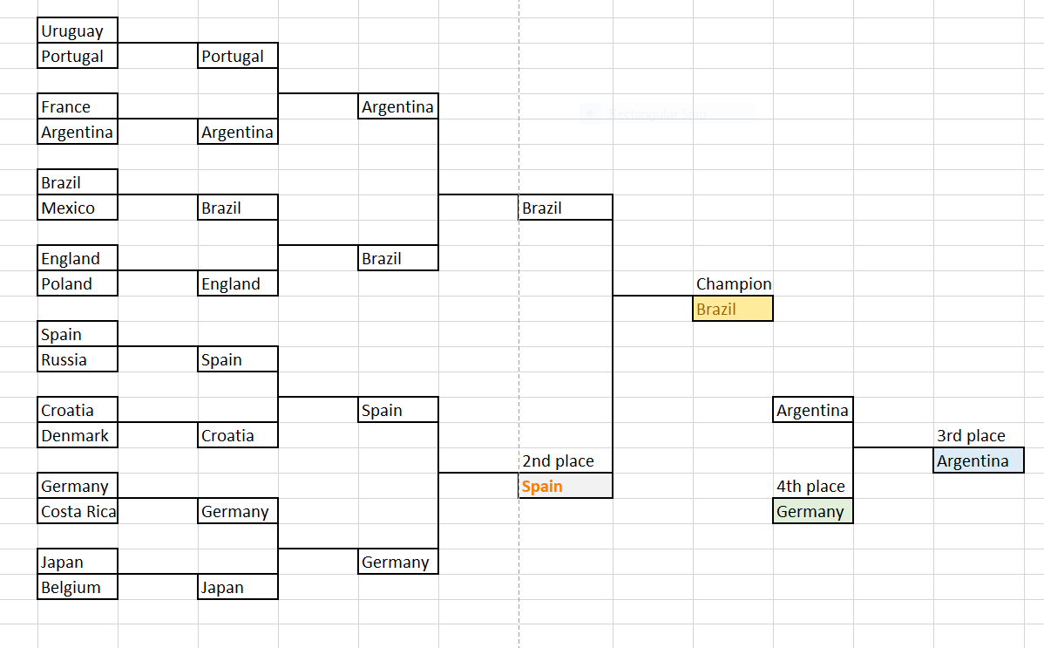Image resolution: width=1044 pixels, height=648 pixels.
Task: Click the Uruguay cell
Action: [78, 31]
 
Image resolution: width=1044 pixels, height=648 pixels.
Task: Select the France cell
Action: [78, 107]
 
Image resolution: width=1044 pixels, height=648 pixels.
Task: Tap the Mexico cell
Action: [78, 208]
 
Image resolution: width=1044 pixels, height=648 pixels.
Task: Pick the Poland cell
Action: [78, 284]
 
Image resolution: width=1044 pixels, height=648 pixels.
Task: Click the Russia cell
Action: [78, 360]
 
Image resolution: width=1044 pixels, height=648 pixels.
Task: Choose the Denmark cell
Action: [78, 436]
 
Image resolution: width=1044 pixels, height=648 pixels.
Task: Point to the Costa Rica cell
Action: [78, 512]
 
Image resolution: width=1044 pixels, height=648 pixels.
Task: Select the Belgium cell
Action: [78, 588]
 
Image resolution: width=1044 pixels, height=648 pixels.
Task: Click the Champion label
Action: [734, 284]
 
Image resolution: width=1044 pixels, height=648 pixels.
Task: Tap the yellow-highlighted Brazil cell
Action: [733, 310]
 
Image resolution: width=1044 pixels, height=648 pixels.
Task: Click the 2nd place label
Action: [558, 461]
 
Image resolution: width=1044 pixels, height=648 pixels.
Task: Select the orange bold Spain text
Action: [542, 487]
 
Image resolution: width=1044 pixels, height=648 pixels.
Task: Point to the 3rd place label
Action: [971, 436]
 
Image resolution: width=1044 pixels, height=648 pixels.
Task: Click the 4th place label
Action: [810, 487]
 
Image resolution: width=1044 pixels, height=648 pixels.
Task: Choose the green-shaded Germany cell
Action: [812, 512]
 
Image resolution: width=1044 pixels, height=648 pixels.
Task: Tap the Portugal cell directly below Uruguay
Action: [78, 57]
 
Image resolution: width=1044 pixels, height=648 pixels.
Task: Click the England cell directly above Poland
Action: [78, 259]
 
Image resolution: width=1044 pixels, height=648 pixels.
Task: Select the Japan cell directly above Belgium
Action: [78, 563]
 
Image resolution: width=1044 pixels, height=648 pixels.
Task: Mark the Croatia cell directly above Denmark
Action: [78, 411]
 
